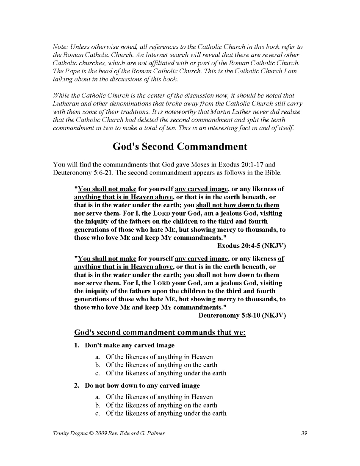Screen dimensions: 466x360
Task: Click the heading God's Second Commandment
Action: tap(180, 147)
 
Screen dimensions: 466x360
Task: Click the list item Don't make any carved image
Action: tap(129, 345)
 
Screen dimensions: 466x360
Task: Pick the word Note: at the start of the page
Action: tap(60, 47)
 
